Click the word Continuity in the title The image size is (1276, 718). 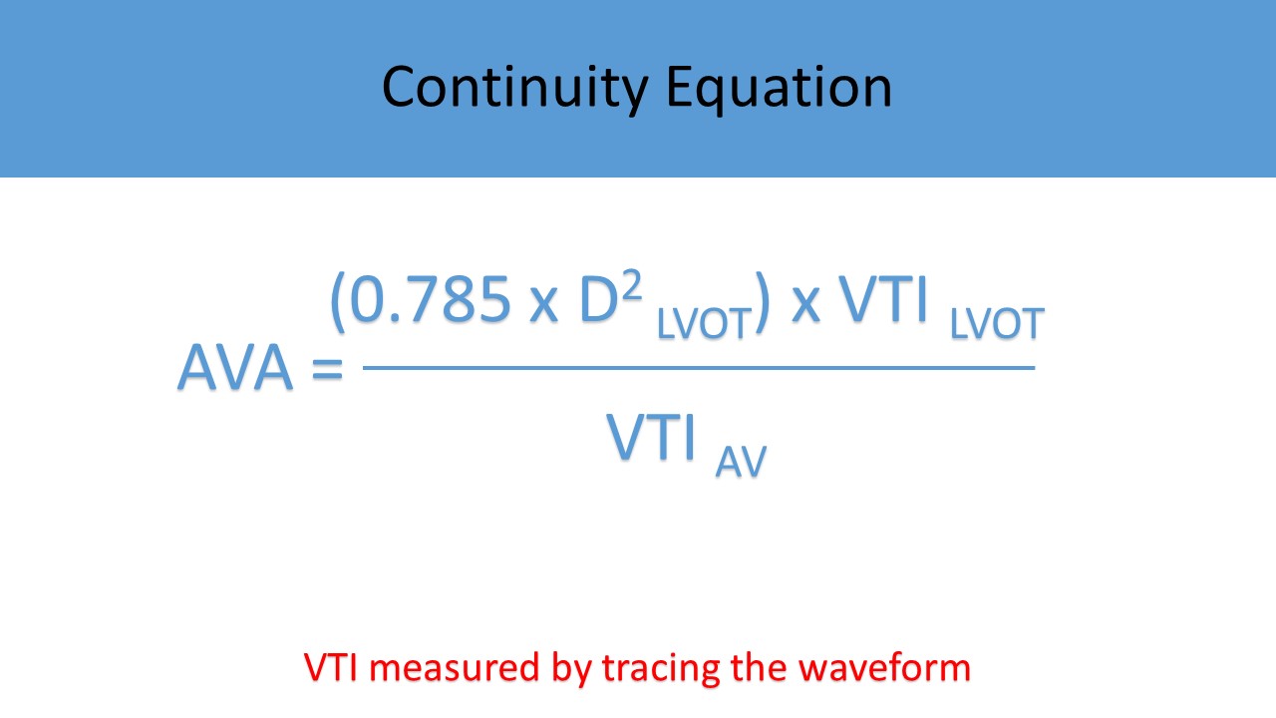(515, 89)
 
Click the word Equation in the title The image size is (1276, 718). (779, 89)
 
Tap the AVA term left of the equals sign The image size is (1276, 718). (235, 367)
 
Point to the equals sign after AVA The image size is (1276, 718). (328, 369)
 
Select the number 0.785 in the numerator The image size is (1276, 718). (430, 300)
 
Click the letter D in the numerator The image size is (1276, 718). (599, 300)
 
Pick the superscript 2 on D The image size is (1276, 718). (632, 285)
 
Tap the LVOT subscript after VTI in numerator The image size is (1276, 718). (997, 324)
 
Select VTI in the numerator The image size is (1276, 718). (883, 300)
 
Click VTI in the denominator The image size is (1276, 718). (651, 437)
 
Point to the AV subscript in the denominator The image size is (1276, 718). (741, 462)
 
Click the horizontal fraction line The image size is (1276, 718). (699, 368)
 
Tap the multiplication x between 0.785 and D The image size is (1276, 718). (543, 308)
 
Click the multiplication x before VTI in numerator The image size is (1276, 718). (806, 308)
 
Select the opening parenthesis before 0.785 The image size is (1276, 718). (338, 302)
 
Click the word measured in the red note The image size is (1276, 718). (455, 668)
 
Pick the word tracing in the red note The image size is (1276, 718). (661, 669)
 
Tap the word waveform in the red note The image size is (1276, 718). (884, 667)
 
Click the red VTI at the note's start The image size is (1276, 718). (331, 667)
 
